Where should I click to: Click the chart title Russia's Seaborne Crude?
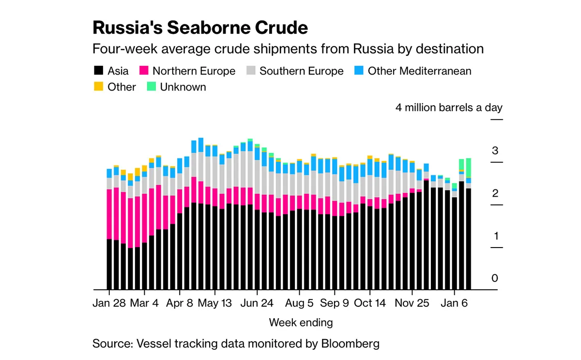pyautogui.click(x=200, y=28)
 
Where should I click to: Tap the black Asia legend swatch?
pyautogui.click(x=99, y=71)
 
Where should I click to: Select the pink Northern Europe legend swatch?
pyautogui.click(x=144, y=71)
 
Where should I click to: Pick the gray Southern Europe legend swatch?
pyautogui.click(x=251, y=71)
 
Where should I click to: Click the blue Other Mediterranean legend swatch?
pyautogui.click(x=359, y=71)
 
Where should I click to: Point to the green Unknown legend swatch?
pyautogui.click(x=152, y=87)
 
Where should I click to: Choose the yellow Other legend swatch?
pyautogui.click(x=99, y=87)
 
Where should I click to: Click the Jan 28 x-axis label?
pyautogui.click(x=109, y=303)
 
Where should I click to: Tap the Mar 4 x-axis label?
pyautogui.click(x=145, y=303)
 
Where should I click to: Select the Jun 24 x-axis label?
pyautogui.click(x=257, y=303)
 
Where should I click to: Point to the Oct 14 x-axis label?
pyautogui.click(x=370, y=303)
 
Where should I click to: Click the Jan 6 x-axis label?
pyautogui.click(x=455, y=303)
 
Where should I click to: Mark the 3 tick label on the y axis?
pyautogui.click(x=495, y=151)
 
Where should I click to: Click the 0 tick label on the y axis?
pyautogui.click(x=495, y=279)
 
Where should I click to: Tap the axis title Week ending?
pyautogui.click(x=301, y=322)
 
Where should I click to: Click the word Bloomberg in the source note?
pyautogui.click(x=350, y=344)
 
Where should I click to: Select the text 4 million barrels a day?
pyautogui.click(x=449, y=108)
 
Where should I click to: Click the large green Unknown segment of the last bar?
pyautogui.click(x=468, y=168)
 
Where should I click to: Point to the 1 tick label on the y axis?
pyautogui.click(x=495, y=236)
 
